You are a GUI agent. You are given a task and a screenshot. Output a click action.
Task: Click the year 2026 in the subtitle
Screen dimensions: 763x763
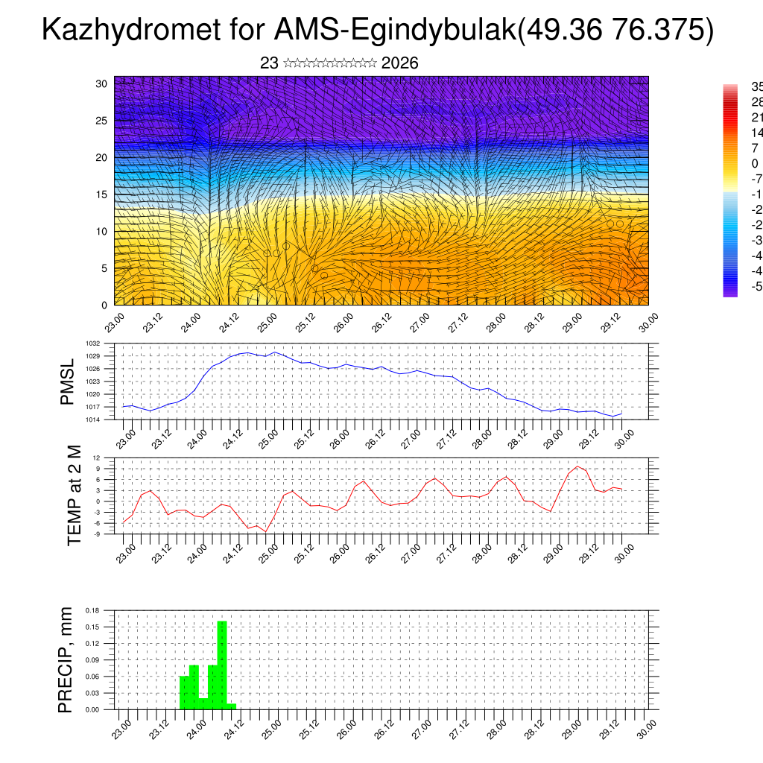(399, 63)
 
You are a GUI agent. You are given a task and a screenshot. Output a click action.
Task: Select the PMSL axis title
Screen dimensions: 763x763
(67, 381)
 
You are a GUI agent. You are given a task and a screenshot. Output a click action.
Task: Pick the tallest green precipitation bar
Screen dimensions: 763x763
(221, 663)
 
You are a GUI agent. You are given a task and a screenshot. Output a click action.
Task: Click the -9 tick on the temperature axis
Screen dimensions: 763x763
(97, 534)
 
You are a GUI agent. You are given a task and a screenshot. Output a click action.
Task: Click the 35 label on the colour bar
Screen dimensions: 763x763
(756, 86)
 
